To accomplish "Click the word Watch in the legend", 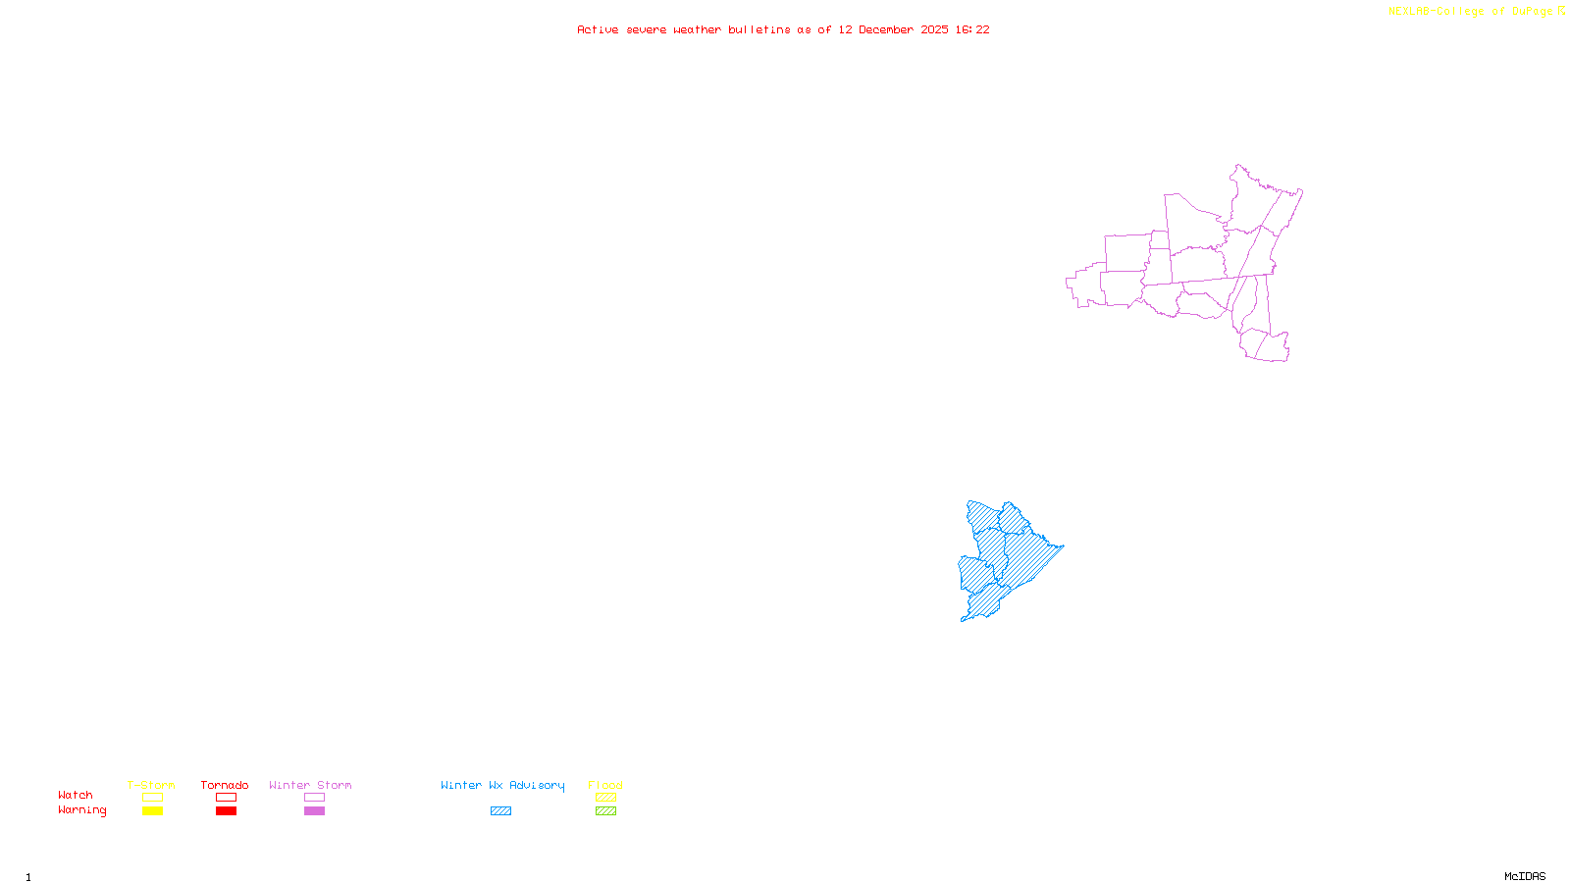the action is coord(76,795).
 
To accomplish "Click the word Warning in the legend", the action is coord(81,810).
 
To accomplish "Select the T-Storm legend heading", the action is coord(151,785).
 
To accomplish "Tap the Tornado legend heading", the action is coord(225,785).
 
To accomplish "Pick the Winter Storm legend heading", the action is coord(310,785).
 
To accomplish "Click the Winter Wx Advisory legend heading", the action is coord(502,785).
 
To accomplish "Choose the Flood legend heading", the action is coord(605,785).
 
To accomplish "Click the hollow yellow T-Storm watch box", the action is coord(152,798).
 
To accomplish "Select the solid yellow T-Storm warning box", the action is coord(152,811).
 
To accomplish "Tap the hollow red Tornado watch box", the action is coord(226,798).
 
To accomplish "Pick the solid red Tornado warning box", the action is coord(226,811).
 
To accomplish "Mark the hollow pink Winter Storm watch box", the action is coord(314,798).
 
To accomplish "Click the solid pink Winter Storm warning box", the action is coord(314,811).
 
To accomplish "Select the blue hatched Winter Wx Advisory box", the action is coord(500,811).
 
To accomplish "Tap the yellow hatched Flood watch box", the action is coord(605,798).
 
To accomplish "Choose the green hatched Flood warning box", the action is coord(605,811).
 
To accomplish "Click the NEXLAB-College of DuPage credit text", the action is coord(1470,11).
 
